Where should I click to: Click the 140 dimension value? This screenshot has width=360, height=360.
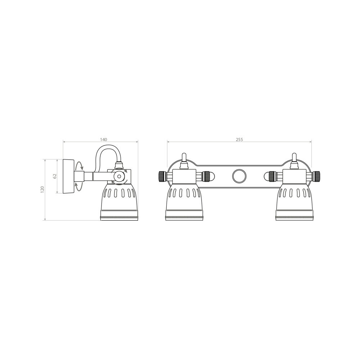(104, 139)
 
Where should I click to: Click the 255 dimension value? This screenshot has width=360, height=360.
(239, 139)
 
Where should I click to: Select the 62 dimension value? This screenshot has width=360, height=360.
(55, 176)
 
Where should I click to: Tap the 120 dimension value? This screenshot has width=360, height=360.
(42, 190)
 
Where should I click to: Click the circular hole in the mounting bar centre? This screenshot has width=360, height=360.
(239, 176)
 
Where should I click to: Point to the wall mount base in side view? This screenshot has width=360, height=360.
(68, 176)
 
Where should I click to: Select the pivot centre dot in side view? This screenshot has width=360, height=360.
(119, 176)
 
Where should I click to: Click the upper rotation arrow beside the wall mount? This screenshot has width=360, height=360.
(80, 166)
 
